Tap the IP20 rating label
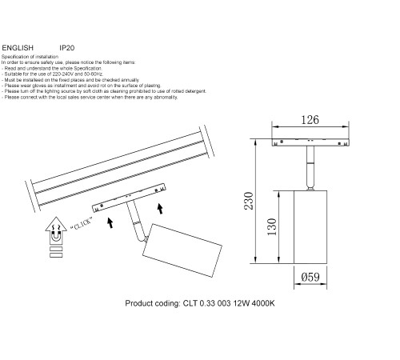(68, 47)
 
